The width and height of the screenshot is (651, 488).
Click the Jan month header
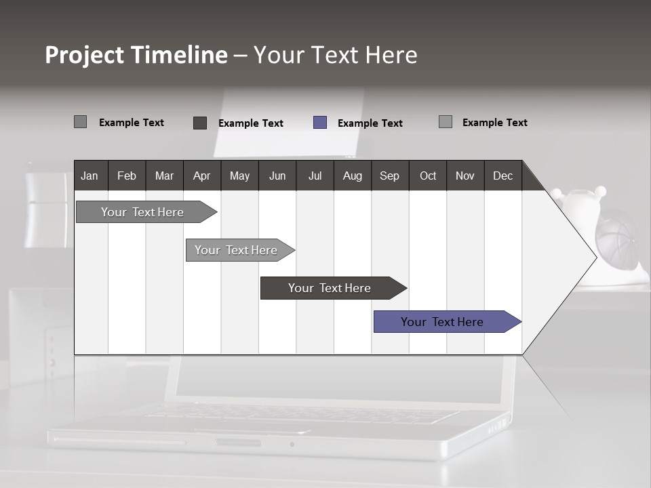point(90,176)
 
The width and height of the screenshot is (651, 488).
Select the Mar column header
point(164,176)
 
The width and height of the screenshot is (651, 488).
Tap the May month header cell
point(239,176)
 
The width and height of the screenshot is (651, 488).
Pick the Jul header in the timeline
point(315,176)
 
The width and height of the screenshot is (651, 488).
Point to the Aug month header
point(352,176)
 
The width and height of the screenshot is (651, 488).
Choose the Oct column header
point(427,176)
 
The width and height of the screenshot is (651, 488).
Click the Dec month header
point(502,176)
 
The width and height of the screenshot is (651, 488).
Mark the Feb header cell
point(127,176)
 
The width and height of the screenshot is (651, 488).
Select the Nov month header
point(465,176)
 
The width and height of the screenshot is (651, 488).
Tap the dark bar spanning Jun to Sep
point(330,288)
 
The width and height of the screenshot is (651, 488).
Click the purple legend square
point(320,123)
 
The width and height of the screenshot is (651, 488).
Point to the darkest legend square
point(200,123)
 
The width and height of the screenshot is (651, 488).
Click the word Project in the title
point(84,55)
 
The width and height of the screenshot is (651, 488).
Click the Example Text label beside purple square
point(370,123)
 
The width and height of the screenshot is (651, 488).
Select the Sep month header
point(389,176)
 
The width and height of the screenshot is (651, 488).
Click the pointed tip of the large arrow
point(595,257)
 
